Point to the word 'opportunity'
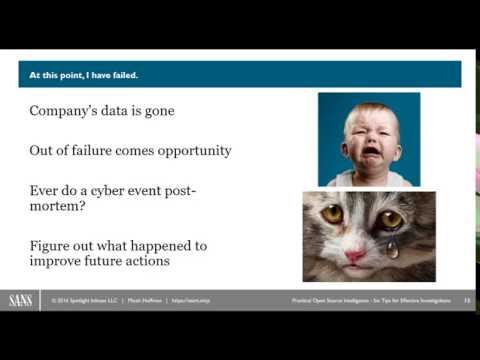pyautogui.click(x=189, y=151)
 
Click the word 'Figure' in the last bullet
pyautogui.click(x=51, y=246)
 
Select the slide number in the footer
pyautogui.click(x=466, y=300)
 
